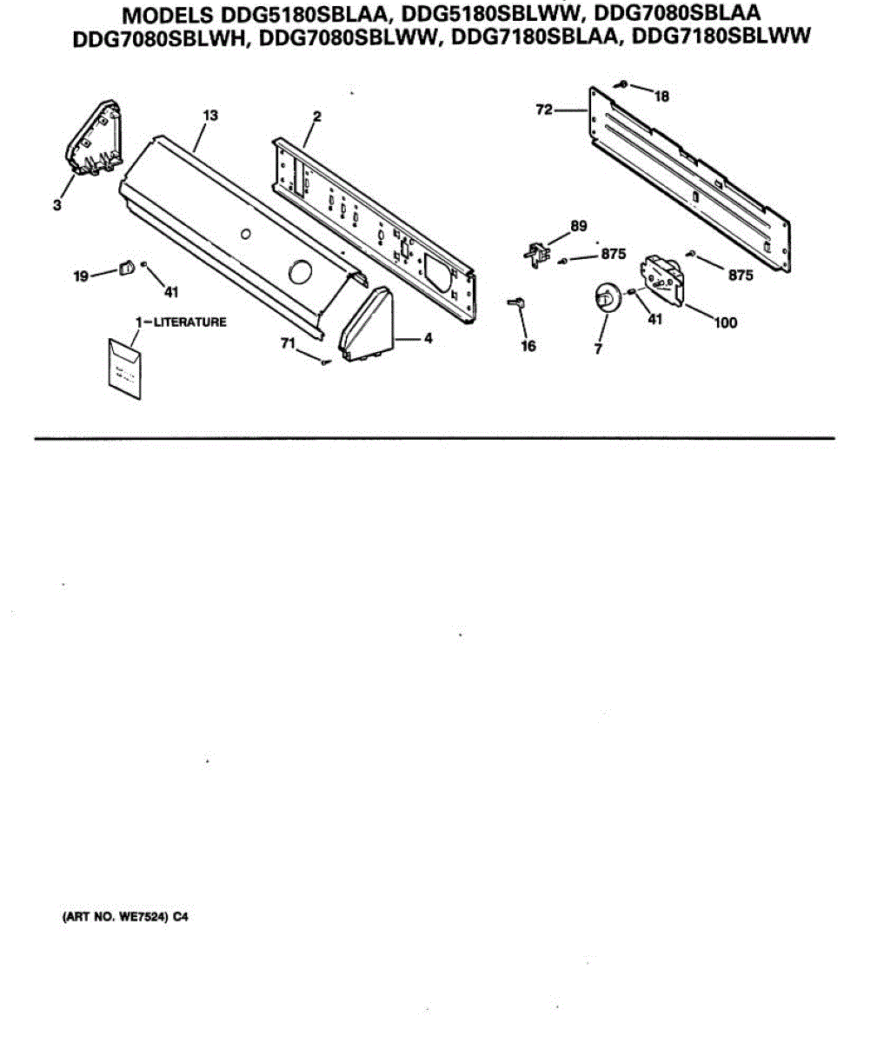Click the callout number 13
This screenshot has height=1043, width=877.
tap(210, 116)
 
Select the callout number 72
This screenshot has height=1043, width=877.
tap(544, 110)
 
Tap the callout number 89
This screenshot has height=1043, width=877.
tap(578, 228)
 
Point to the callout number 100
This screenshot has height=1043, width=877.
tap(725, 323)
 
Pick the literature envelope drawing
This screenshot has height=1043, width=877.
tap(120, 368)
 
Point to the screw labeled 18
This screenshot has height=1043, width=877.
tap(623, 84)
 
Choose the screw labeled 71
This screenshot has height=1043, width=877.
tap(324, 362)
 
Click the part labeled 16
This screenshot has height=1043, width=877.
tap(517, 302)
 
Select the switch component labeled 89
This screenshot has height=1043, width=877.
tap(538, 253)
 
